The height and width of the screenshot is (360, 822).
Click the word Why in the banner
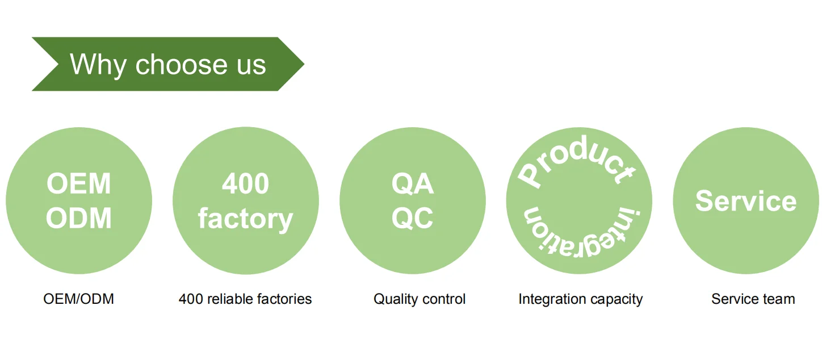click(98, 65)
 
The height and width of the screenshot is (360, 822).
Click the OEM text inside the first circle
click(78, 183)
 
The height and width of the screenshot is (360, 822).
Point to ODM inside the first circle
click(78, 218)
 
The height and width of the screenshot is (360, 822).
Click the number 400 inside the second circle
click(245, 183)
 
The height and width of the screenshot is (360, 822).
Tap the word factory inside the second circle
click(245, 219)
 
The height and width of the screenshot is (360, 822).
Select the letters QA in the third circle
click(413, 184)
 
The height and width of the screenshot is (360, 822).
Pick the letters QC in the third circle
click(413, 218)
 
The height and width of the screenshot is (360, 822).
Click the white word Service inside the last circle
click(746, 201)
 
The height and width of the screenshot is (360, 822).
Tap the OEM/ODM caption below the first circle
click(78, 299)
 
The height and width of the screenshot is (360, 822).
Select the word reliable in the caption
click(230, 299)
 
